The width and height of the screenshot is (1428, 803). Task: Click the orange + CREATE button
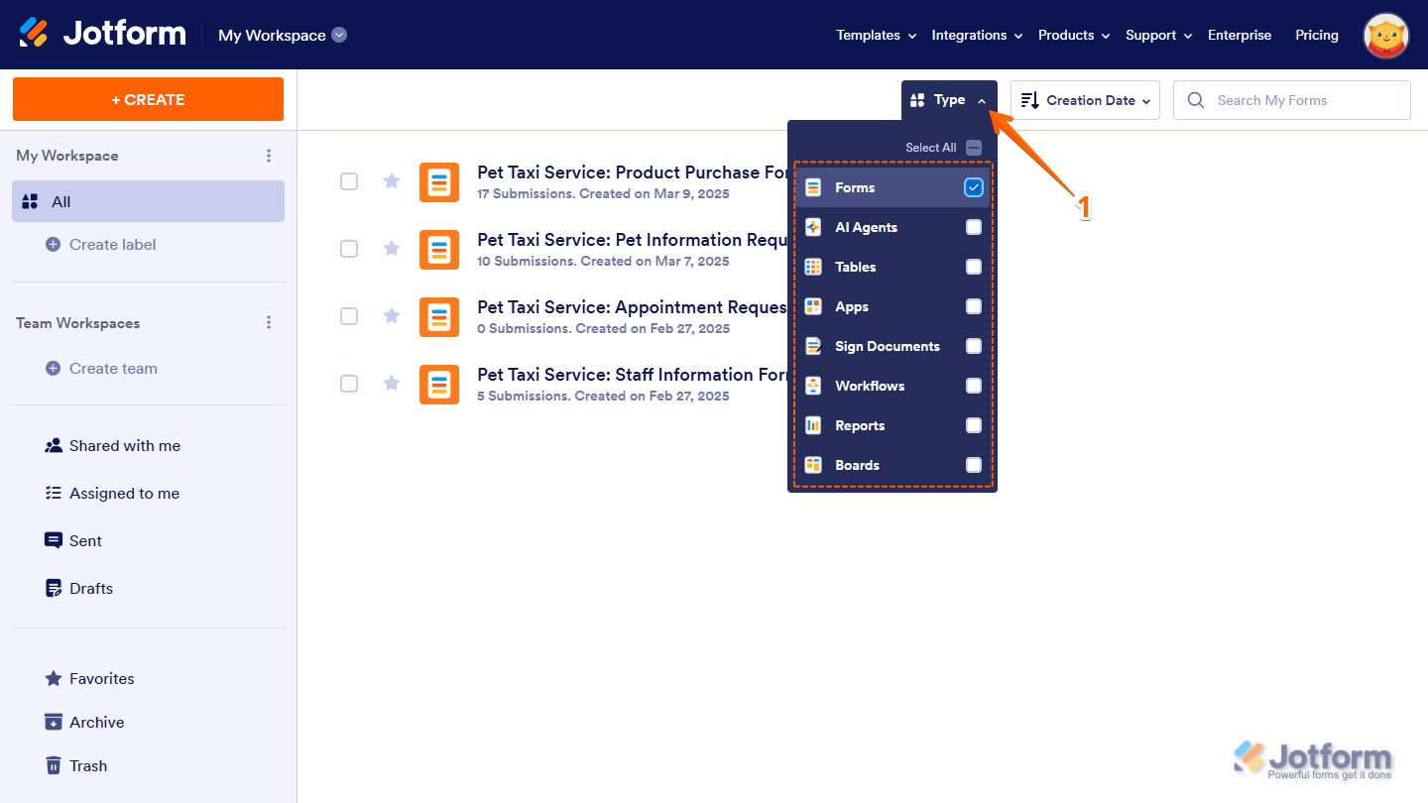[x=148, y=99]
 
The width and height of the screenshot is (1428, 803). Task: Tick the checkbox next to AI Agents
[x=974, y=228]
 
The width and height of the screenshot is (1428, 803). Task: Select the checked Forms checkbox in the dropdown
[x=974, y=187]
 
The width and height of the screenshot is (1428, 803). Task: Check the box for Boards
[x=974, y=465]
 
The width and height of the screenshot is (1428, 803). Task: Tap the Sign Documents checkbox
[x=974, y=346]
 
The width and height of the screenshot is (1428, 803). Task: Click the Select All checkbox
[x=974, y=148]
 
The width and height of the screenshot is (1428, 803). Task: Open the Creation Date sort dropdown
[x=1085, y=100]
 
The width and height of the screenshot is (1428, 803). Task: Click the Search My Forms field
[x=1291, y=100]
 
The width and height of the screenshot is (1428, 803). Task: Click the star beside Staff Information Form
[x=392, y=383]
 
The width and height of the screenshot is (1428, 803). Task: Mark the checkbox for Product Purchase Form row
[x=349, y=181]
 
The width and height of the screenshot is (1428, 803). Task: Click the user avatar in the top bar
[x=1386, y=36]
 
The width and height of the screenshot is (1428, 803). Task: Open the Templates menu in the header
[x=876, y=35]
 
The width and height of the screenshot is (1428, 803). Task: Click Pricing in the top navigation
[x=1317, y=35]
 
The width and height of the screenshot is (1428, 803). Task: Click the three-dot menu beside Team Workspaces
[x=269, y=322]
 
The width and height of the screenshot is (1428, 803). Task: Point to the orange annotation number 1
[x=1085, y=207]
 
